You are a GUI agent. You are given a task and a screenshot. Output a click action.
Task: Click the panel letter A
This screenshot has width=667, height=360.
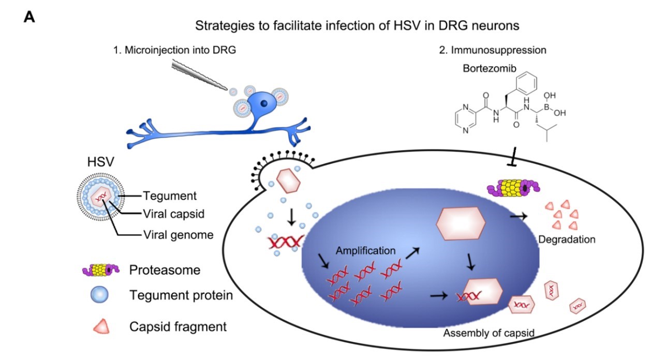[29, 17]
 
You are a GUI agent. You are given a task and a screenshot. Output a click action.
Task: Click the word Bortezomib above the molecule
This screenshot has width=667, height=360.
[489, 68]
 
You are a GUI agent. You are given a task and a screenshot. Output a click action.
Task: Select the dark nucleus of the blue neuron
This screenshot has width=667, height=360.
[264, 103]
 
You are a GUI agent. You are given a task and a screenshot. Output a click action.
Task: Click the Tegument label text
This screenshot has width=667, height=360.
[169, 196]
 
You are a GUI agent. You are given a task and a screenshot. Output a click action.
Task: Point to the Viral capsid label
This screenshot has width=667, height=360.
[173, 214]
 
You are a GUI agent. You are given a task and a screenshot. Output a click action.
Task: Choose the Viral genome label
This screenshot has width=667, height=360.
[179, 235]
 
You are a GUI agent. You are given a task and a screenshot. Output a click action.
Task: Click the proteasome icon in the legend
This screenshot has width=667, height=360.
[101, 270]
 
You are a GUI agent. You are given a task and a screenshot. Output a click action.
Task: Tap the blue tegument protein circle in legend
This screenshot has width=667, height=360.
[99, 294]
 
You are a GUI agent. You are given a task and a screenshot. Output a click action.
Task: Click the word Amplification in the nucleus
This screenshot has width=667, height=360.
[365, 251]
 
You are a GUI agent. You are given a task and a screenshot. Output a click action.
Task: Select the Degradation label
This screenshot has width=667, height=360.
[567, 239]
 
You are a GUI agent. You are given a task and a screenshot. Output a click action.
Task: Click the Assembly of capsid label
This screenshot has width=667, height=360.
[488, 333]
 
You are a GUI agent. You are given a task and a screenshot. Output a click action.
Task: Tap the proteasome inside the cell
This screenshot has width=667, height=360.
[513, 188]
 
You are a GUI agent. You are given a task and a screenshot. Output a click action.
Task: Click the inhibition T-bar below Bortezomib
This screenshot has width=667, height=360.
[513, 156]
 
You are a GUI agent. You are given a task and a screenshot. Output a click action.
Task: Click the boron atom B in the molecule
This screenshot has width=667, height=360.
[546, 107]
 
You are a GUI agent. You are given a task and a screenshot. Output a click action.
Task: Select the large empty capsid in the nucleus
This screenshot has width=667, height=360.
[461, 223]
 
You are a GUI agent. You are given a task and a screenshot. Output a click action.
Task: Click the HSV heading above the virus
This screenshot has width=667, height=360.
[101, 162]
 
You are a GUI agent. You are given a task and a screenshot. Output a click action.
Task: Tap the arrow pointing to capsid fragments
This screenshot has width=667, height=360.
[518, 217]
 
